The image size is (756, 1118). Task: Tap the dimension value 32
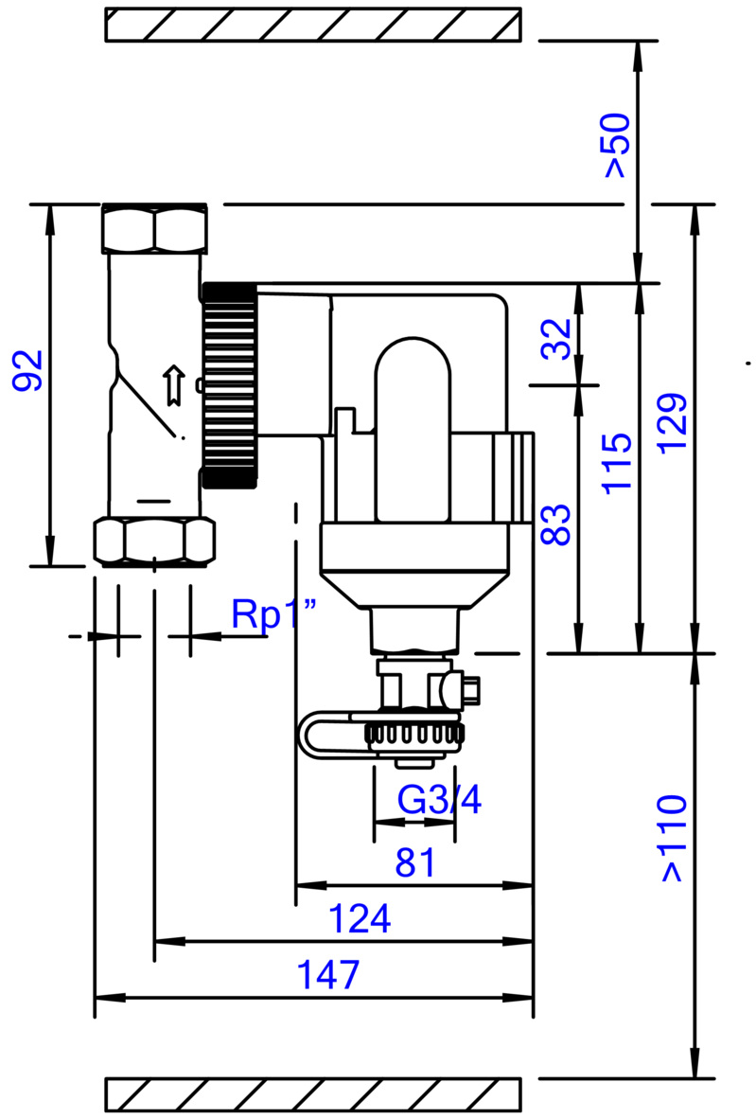557,338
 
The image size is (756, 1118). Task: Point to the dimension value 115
617,463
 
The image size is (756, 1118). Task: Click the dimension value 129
673,422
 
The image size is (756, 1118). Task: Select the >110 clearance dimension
672,839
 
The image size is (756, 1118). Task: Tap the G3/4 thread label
439,801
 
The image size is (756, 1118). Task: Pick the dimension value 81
415,862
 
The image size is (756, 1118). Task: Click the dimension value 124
359,918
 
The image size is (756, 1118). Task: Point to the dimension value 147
329,975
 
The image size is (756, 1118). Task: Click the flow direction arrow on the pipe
172,384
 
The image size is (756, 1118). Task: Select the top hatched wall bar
312,25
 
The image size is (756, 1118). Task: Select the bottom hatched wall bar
312,1094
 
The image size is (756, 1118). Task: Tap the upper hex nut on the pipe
154,228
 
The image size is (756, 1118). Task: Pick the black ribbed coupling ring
229,385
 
